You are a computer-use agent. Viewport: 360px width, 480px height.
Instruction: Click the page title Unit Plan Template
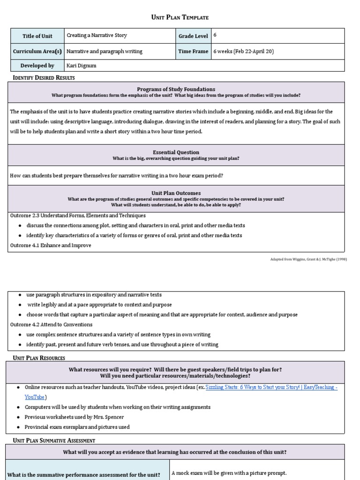pos(180,17)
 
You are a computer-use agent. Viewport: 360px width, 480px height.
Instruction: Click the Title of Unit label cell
pos(37,36)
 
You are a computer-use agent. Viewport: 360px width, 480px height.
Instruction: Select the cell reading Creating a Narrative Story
pos(97,36)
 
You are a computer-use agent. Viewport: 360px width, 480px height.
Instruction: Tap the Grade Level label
pos(193,36)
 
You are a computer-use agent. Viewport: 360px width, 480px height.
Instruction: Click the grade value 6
pos(215,35)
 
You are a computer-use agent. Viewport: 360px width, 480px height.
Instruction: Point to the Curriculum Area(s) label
pos(37,52)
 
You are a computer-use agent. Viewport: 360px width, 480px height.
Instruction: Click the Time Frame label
pos(193,52)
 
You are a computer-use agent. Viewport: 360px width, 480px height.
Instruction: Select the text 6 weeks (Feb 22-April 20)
pos(243,52)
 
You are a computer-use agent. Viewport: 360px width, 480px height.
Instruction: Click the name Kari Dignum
pos(81,66)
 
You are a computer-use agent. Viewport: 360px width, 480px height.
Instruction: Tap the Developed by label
pos(38,66)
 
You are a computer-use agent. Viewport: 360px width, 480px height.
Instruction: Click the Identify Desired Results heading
pos(44,77)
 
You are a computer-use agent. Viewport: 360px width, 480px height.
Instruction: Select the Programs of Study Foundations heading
pos(176,89)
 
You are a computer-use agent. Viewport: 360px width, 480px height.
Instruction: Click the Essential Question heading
pos(176,152)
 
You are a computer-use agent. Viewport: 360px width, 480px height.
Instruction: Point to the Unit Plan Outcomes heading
pos(176,193)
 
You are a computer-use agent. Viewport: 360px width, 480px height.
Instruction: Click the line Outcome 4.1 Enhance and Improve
pos(51,246)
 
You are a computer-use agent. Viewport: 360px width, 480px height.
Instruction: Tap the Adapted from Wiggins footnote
pos(309,259)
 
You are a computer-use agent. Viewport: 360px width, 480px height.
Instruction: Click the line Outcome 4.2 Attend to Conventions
pos(51,324)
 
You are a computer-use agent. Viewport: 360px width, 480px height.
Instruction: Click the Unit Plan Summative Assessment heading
pos(54,441)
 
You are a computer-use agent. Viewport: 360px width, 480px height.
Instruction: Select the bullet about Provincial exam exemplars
pos(78,427)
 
